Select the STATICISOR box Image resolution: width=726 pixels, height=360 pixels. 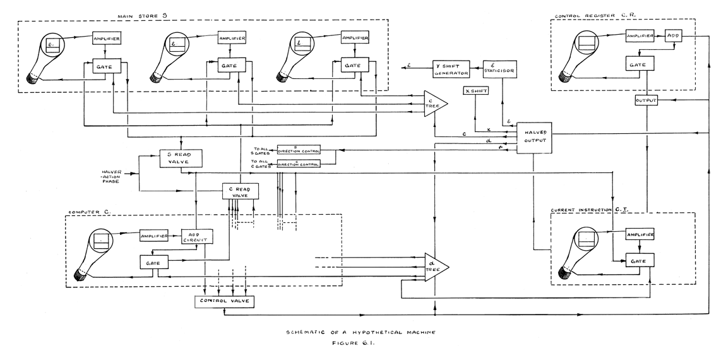point(501,68)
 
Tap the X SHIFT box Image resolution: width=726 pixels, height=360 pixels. point(475,92)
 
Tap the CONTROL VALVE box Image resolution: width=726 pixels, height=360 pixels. point(225,301)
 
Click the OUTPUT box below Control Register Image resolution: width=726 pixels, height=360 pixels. point(646,101)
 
